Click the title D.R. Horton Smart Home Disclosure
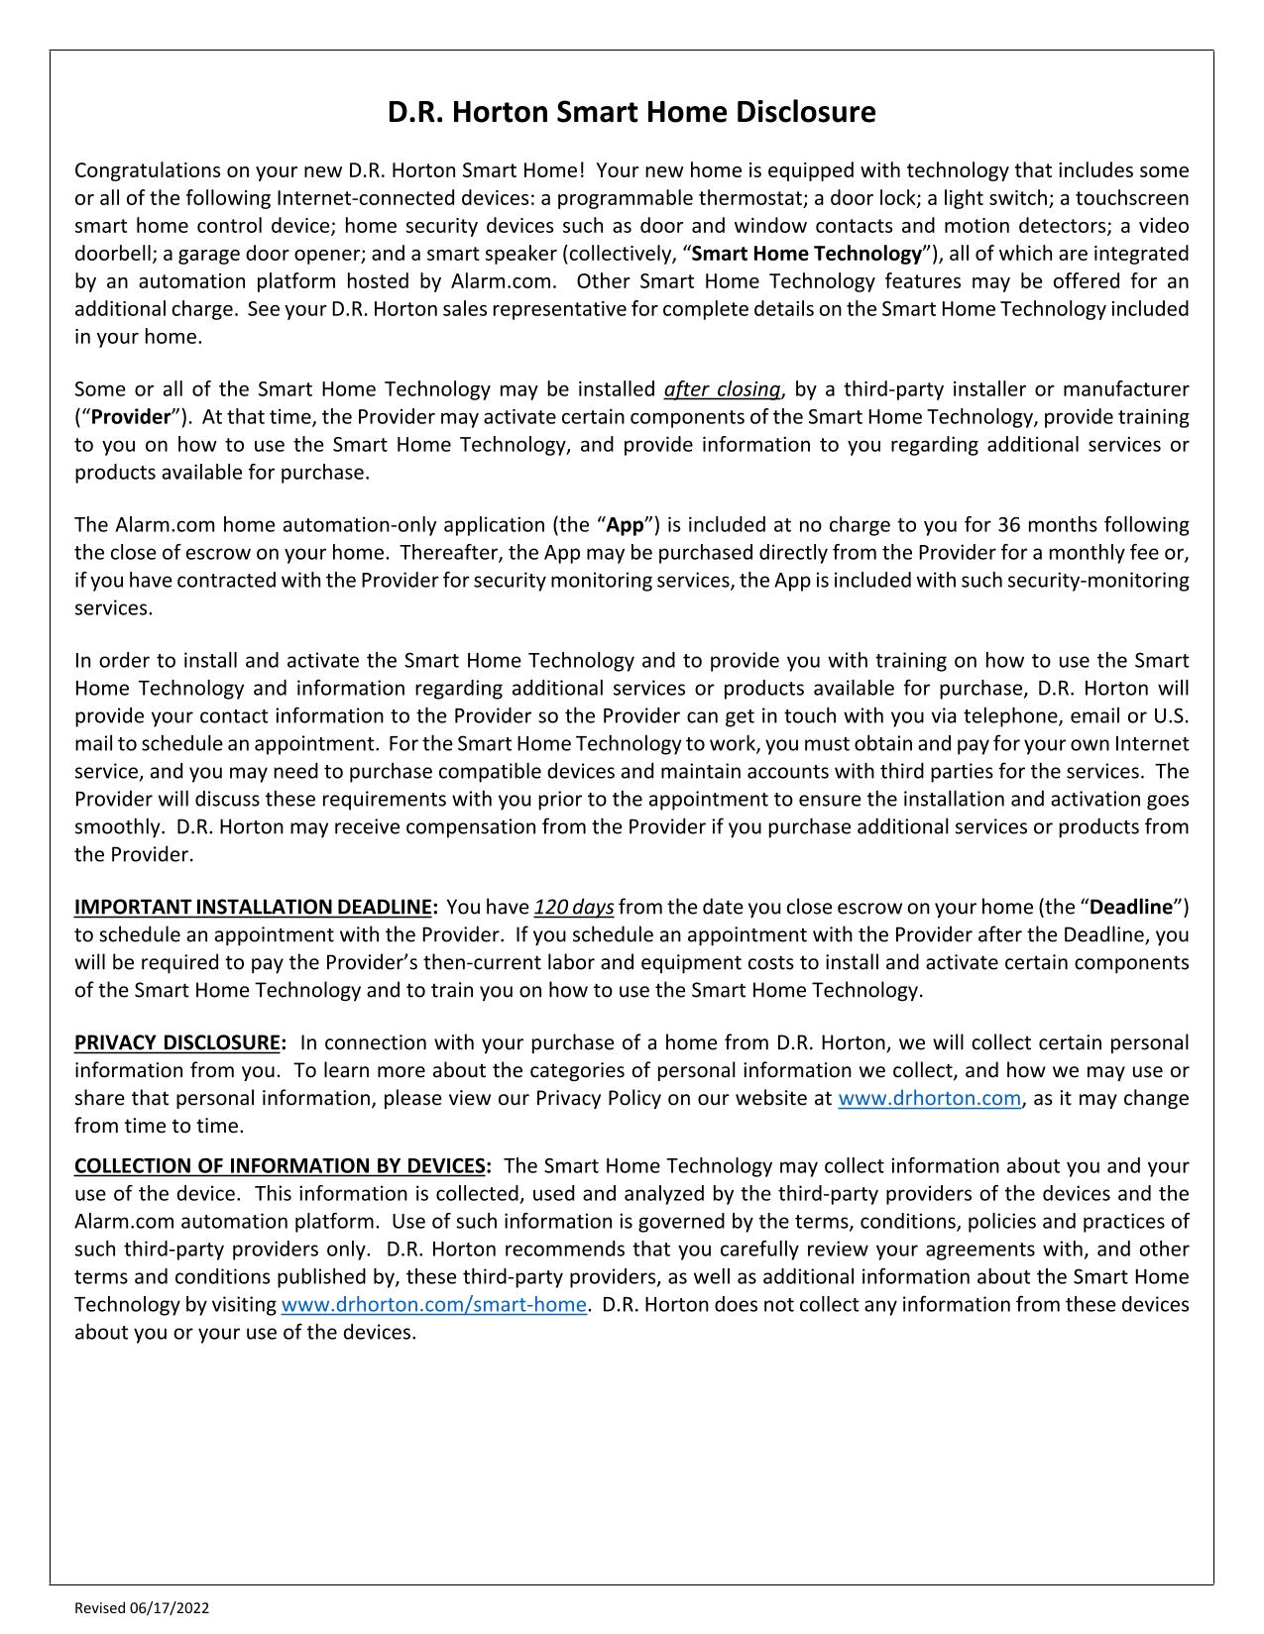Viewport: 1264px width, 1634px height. pyautogui.click(x=632, y=112)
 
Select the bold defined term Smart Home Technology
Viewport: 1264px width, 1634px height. pyautogui.click(x=806, y=254)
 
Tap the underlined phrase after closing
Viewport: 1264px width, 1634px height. pyautogui.click(x=722, y=389)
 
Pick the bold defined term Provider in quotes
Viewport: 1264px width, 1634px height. pyautogui.click(x=131, y=417)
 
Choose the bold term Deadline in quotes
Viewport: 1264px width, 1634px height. pyautogui.click(x=1131, y=908)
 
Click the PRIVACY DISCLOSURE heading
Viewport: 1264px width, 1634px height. pyautogui.click(x=177, y=1043)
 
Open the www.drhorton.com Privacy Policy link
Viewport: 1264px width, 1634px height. pyautogui.click(x=929, y=1099)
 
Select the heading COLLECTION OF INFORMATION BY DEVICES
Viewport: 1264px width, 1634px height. pyautogui.click(x=281, y=1166)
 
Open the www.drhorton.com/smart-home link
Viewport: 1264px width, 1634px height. pyautogui.click(x=433, y=1305)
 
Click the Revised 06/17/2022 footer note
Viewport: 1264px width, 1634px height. pyautogui.click(x=142, y=1608)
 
